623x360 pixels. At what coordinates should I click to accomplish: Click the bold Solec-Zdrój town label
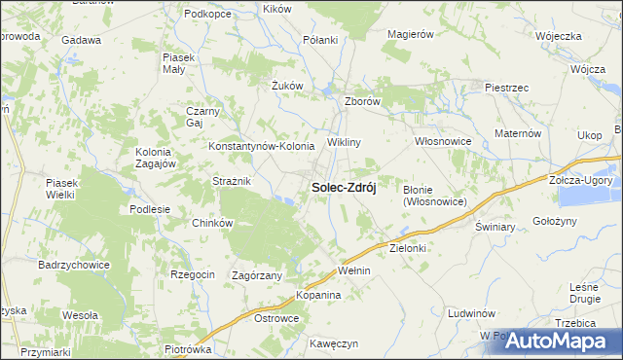coord(344,187)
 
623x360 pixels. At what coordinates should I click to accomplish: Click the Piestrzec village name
coord(506,88)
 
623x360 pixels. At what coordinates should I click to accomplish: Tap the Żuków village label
coord(288,86)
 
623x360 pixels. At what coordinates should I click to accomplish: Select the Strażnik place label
coord(233,181)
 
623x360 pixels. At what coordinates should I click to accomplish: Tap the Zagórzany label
coord(257,275)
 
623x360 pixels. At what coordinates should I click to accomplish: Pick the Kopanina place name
coord(318,294)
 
